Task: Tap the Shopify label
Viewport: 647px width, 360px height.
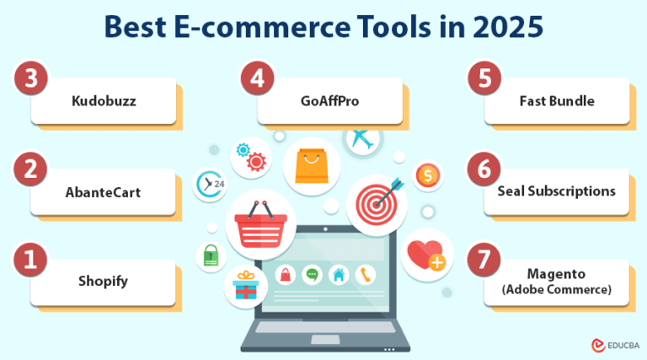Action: tap(104, 281)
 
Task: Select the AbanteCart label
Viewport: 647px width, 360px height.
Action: tap(104, 191)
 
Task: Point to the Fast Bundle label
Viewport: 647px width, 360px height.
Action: tap(557, 101)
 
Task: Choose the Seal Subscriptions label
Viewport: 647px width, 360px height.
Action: tap(557, 191)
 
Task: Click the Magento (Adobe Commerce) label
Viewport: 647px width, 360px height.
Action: tap(557, 282)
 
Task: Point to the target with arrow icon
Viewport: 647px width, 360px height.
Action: tap(377, 203)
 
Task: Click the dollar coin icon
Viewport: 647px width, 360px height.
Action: tap(428, 175)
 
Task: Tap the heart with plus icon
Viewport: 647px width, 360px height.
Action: tap(427, 255)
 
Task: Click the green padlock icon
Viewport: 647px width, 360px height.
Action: tap(210, 255)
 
